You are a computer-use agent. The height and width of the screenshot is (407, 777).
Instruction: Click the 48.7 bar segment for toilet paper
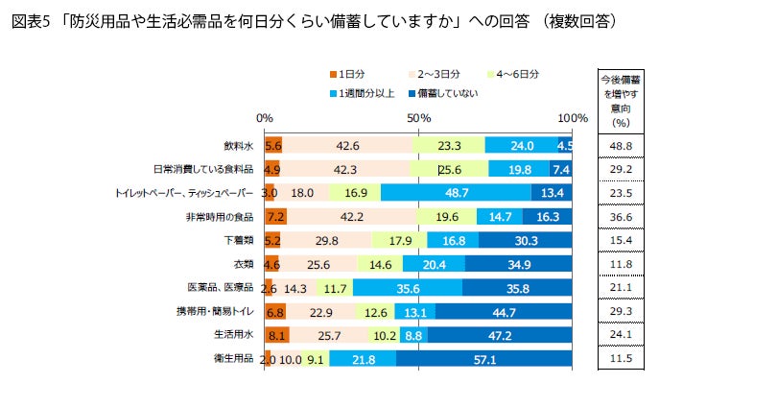[456, 192]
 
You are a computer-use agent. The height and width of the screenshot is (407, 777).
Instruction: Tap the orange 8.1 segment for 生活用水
[275, 334]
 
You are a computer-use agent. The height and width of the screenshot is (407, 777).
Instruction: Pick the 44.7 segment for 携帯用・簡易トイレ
[504, 311]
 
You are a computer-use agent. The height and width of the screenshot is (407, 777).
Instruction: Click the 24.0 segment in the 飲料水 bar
[521, 146]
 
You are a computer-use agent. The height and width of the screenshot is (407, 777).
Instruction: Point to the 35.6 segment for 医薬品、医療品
[407, 287]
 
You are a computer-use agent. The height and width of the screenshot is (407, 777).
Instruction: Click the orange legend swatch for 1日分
[332, 74]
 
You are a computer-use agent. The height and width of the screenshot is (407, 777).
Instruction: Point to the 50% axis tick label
[418, 117]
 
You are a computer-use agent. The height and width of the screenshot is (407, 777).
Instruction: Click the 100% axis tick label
[573, 117]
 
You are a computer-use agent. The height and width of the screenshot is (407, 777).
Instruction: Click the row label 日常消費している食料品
[202, 169]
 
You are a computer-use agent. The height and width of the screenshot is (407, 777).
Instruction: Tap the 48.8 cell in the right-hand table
[621, 146]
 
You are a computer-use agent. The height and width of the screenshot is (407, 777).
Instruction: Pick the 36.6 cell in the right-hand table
[621, 216]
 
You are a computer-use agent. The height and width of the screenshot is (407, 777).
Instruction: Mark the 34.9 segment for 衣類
[519, 264]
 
